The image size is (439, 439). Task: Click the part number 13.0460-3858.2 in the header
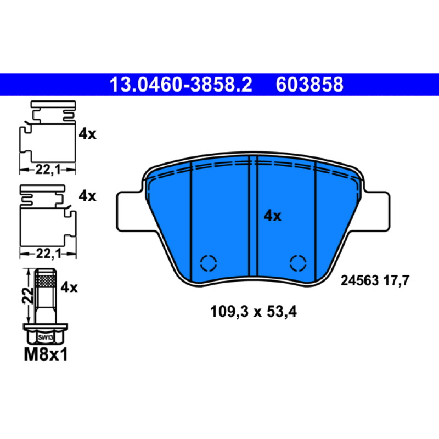coord(181,85)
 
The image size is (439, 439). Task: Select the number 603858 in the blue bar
coord(309,85)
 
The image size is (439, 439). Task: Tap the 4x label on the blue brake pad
coord(272,216)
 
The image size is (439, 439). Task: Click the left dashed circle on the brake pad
coord(209,263)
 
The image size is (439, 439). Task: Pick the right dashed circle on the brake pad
coord(298,263)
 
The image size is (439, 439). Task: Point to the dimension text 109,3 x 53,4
coord(254,312)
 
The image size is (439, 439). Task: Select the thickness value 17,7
coord(396,280)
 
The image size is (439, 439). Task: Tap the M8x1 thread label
coord(46,354)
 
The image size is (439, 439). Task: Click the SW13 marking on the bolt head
coord(46,337)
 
